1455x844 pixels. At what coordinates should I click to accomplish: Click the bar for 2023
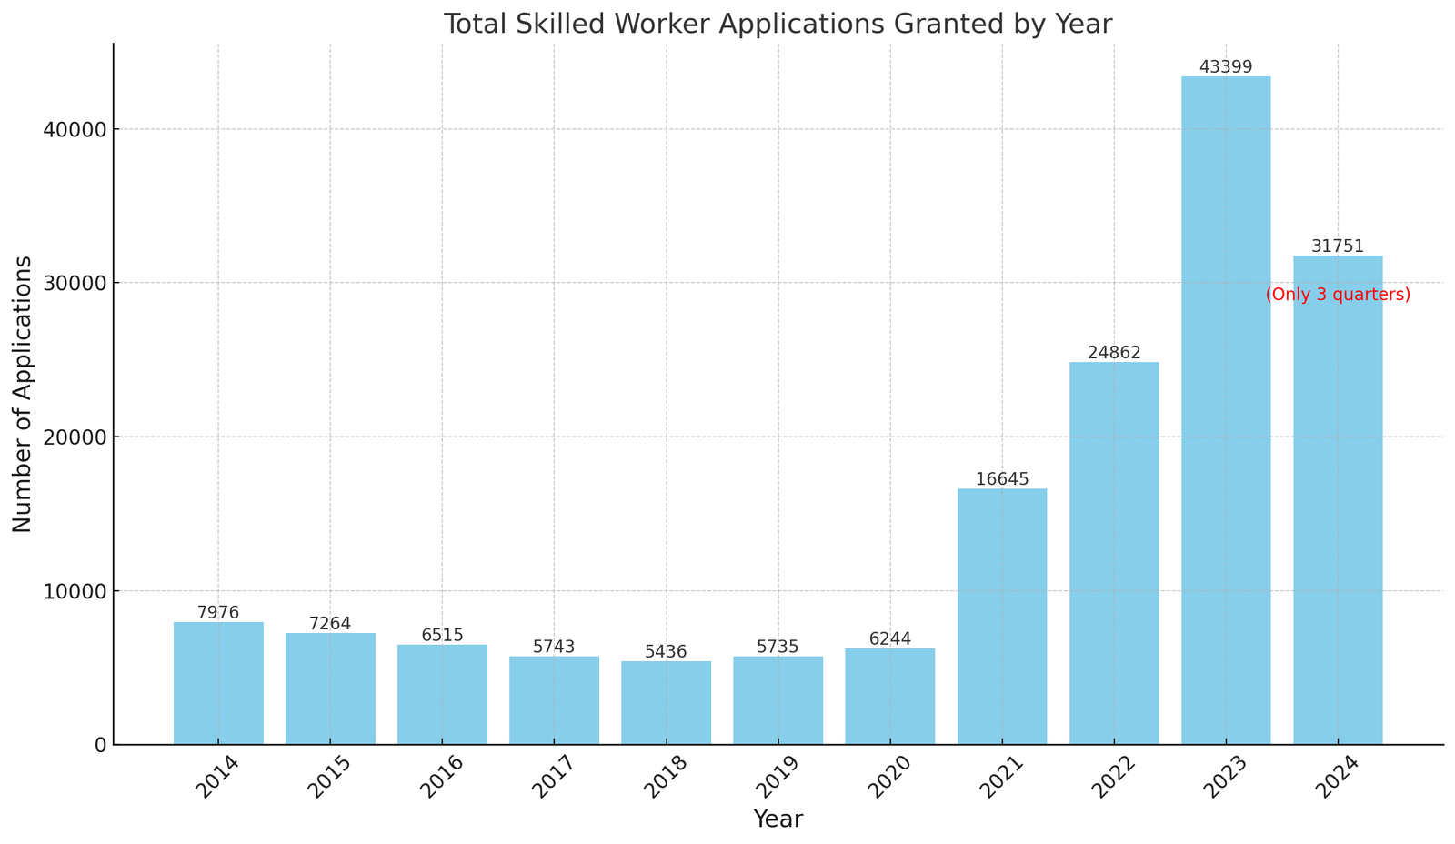pos(1225,409)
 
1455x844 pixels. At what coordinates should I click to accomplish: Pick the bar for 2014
pos(218,682)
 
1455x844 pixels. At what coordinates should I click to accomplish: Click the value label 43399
pos(1225,67)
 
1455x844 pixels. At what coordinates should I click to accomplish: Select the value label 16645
pos(1001,479)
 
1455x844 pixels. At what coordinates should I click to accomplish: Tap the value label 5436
pos(666,652)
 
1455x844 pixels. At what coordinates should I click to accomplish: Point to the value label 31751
pos(1337,246)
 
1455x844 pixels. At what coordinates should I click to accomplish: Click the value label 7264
pos(330,624)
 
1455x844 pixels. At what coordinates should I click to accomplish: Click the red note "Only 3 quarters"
pos(1337,295)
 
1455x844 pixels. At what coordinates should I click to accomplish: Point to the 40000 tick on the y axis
pos(75,129)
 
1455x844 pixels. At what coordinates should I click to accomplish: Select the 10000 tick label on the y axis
pos(75,591)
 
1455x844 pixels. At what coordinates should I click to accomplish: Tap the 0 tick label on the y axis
pos(100,745)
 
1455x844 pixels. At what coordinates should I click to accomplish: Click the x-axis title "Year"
pos(778,819)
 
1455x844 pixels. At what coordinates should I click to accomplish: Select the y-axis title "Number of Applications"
pos(23,394)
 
